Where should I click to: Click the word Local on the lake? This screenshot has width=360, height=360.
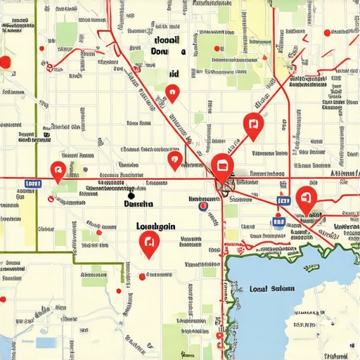click(259, 289)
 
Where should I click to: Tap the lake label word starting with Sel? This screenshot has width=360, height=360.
click(283, 289)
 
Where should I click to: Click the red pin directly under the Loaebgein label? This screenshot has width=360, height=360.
click(149, 243)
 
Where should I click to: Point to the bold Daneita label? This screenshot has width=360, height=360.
click(138, 204)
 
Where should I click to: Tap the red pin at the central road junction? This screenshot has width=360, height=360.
click(222, 167)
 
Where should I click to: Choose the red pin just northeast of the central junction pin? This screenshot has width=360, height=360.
click(253, 125)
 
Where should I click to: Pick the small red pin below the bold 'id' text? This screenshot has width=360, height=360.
click(172, 92)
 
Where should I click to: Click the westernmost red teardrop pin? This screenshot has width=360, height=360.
click(58, 169)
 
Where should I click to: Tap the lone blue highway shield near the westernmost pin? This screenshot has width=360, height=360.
click(32, 184)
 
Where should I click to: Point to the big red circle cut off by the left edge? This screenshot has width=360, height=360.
click(5, 63)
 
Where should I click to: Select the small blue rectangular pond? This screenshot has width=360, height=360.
click(46, 342)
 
